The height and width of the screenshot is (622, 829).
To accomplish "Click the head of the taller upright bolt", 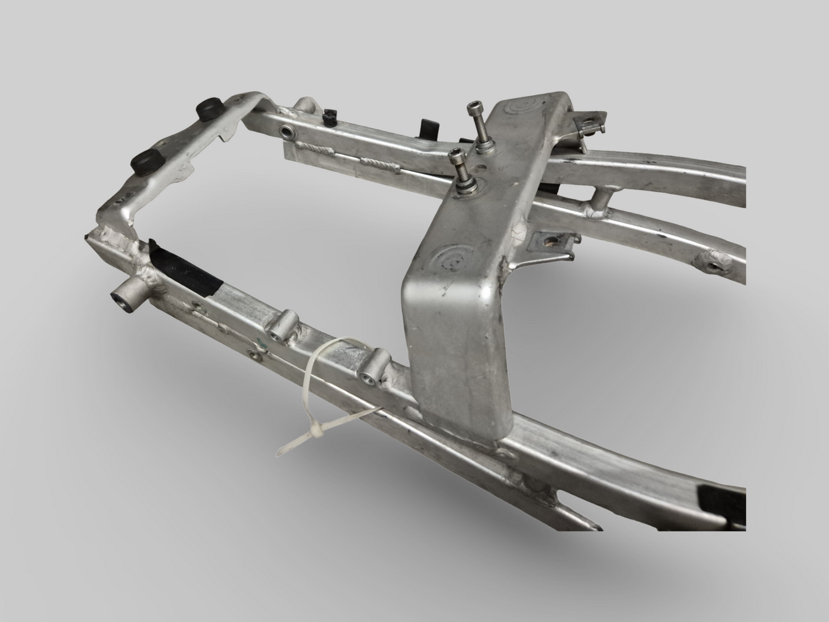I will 474,107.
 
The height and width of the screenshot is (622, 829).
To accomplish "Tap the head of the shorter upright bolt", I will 457,154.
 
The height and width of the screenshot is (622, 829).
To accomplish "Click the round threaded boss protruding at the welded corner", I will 124,300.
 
